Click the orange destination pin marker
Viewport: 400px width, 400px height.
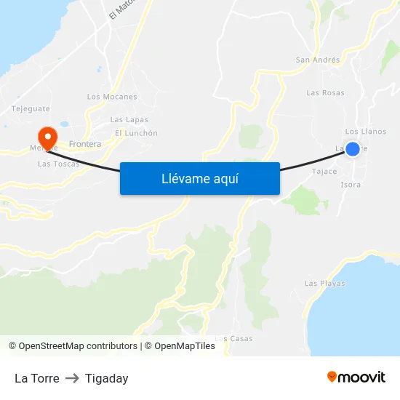(x=47, y=137)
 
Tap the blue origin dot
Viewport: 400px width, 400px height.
(x=353, y=149)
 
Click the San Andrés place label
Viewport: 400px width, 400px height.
(x=318, y=60)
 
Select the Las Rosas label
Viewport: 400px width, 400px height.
(x=325, y=93)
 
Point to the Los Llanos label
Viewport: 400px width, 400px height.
(x=366, y=132)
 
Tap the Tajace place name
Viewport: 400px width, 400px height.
(x=324, y=172)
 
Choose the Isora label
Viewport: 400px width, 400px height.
(x=351, y=185)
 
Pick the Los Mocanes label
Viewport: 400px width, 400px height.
(x=112, y=97)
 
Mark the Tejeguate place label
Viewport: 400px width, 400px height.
(x=31, y=109)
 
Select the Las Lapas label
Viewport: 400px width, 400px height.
(x=129, y=120)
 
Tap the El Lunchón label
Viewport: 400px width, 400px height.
(x=136, y=133)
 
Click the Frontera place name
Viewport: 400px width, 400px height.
(x=85, y=144)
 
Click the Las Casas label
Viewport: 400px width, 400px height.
(x=235, y=339)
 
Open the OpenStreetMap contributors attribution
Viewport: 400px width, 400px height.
(x=78, y=346)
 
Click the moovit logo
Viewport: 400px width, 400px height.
(x=356, y=377)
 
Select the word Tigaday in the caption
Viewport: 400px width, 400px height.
(x=106, y=378)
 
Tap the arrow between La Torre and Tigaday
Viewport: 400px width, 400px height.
(x=72, y=378)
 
